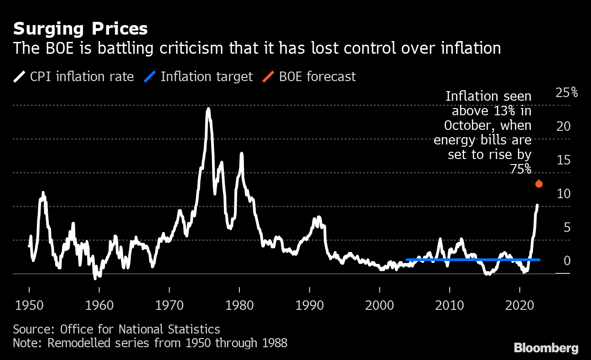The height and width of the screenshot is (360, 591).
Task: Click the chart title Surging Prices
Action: (80, 29)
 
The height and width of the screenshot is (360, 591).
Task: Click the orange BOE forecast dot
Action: (539, 184)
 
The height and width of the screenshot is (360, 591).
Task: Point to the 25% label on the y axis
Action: (566, 93)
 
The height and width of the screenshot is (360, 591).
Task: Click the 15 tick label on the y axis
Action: (564, 160)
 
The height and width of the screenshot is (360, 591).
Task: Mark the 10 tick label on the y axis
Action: (564, 194)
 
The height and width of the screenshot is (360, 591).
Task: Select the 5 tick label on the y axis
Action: (567, 227)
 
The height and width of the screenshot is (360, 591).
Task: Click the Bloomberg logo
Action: (546, 348)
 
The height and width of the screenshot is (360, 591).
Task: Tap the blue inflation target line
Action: (472, 260)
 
